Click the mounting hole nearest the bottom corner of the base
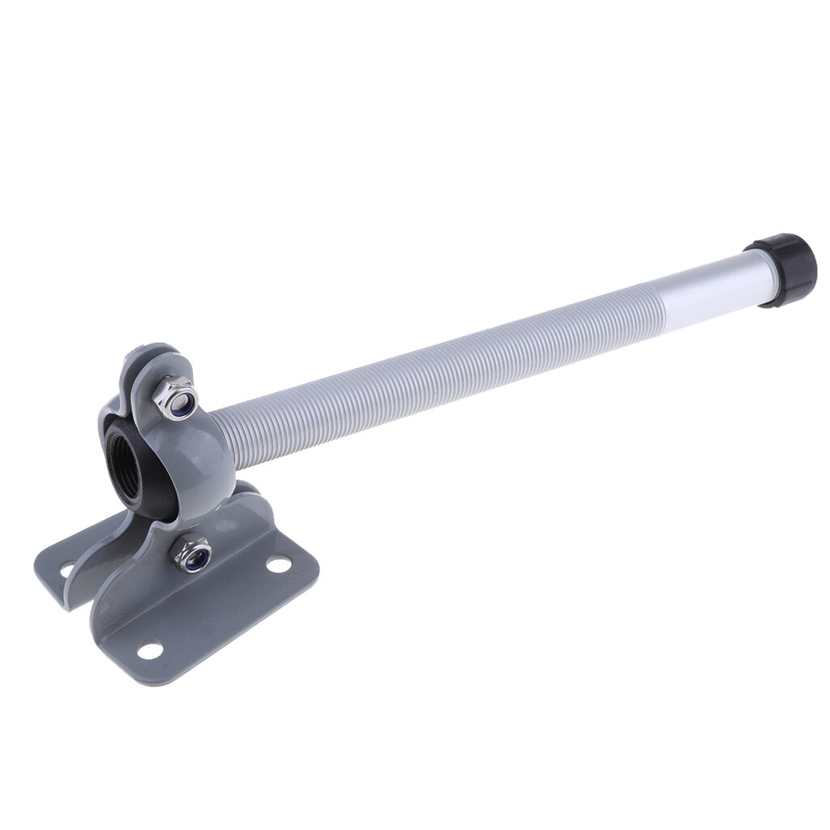(x=149, y=649)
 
